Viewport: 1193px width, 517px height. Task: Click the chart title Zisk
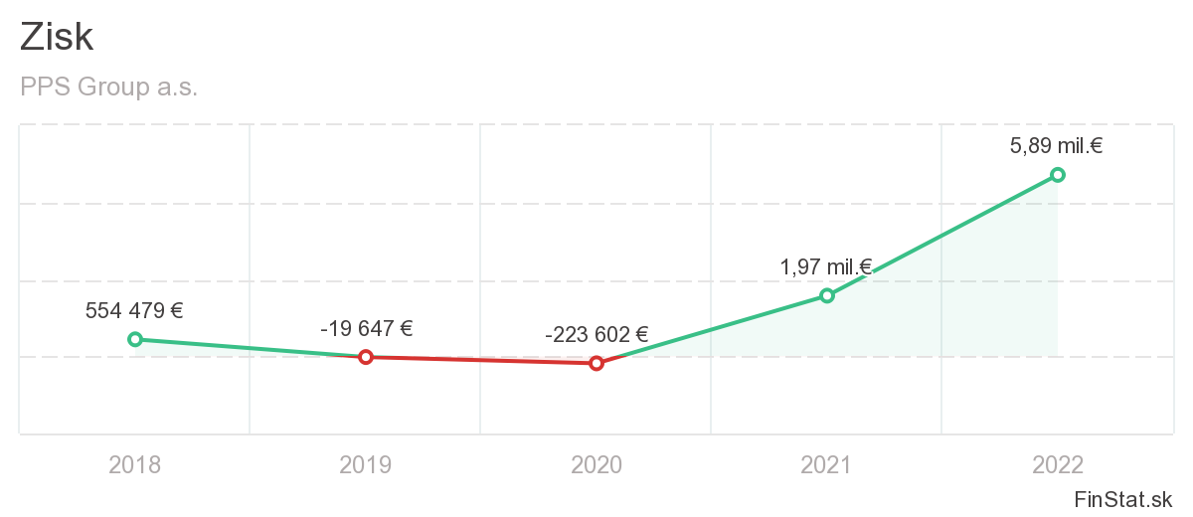[x=57, y=37]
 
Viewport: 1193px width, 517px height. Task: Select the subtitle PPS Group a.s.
[x=108, y=87]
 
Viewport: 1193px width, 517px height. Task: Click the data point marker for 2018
[x=135, y=339]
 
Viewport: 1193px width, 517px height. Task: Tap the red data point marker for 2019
[x=366, y=357]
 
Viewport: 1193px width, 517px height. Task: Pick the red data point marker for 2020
[x=596, y=363]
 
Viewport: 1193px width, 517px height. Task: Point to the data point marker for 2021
[x=827, y=295]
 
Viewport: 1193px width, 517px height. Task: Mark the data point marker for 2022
[x=1058, y=175]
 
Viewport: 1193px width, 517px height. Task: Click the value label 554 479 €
[x=134, y=310]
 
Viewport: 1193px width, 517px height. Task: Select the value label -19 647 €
[x=366, y=328]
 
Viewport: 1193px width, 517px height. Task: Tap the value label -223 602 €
[x=596, y=334]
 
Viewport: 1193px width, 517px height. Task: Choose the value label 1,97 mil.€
[x=826, y=266]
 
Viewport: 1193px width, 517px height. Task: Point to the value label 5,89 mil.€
[x=1057, y=146]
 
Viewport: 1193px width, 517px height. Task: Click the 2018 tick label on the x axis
[x=135, y=464]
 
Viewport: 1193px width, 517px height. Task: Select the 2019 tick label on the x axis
[x=366, y=464]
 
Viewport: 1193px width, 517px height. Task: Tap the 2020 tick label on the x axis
[x=596, y=464]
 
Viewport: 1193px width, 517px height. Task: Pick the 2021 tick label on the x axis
[x=827, y=464]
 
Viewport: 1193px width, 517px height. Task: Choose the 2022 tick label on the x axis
[x=1058, y=464]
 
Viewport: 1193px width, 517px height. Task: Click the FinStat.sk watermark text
[x=1122, y=498]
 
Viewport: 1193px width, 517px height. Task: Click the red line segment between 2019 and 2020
[x=481, y=360]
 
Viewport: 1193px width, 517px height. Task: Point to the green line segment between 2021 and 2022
[x=942, y=235]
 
